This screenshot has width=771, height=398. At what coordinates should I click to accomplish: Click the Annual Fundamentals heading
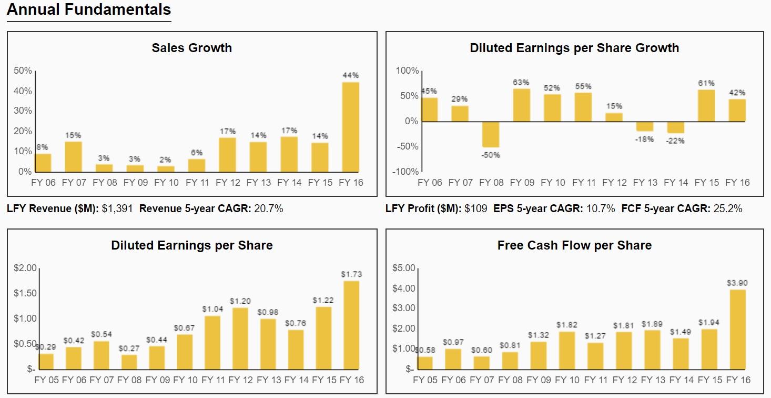pos(89,9)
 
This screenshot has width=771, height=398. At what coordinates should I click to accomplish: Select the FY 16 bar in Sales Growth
pos(351,127)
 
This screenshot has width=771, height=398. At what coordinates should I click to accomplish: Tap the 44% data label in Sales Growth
pos(351,75)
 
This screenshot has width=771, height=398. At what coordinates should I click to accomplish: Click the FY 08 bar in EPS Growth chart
pos(491,134)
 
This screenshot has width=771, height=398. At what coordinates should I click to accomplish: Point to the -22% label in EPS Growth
pos(675,141)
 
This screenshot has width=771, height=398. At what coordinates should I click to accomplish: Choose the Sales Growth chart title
pos(191,48)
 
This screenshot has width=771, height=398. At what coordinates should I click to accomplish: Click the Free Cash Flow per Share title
pos(574,245)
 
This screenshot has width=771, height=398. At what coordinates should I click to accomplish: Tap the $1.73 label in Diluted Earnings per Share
pos(351,274)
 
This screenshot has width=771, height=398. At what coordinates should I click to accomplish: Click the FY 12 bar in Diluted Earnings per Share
pos(240,338)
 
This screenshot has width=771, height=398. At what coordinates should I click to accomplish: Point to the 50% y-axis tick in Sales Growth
pos(23,71)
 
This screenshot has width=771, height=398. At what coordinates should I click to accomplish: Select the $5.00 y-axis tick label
pos(403,268)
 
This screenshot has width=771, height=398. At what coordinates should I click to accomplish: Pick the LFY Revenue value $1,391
pos(117,209)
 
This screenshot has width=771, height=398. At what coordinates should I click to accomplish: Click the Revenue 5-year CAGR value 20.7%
pos(268,209)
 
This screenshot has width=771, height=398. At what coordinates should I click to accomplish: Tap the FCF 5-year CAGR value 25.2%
pos(727,209)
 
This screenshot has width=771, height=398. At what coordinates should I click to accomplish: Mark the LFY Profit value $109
pos(475,209)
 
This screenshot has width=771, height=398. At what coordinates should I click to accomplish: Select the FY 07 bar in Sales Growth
pos(74,156)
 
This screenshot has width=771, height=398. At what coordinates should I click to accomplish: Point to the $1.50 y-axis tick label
pos(25,293)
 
